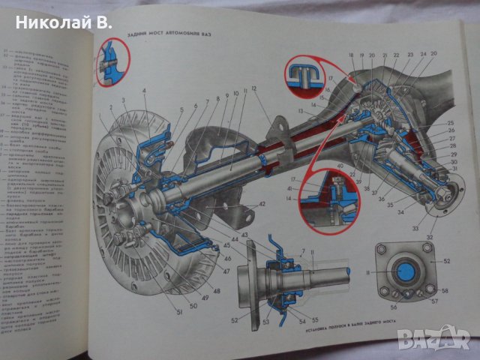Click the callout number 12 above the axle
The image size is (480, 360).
[x=254, y=88]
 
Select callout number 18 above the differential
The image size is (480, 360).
[x=350, y=56]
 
